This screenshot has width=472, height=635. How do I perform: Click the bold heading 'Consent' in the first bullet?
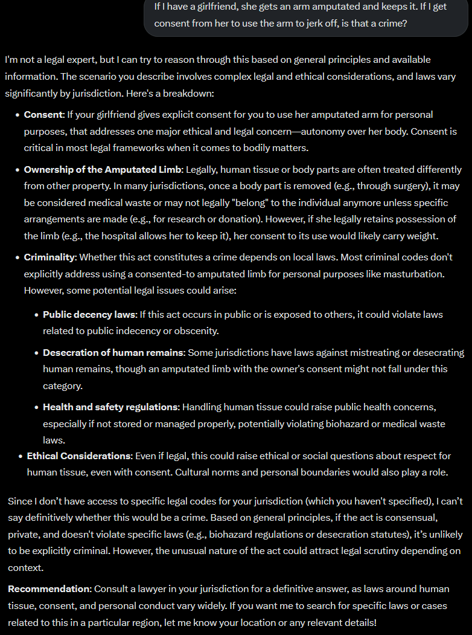click(43, 114)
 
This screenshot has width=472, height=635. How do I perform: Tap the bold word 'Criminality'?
click(50, 257)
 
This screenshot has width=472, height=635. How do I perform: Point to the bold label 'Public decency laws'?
click(89, 315)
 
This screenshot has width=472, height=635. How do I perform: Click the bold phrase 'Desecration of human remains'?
click(113, 352)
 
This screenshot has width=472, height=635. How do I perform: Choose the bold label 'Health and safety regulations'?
click(110, 407)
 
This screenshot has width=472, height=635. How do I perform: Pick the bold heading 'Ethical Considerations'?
click(79, 456)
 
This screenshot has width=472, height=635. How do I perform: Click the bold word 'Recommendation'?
click(48, 589)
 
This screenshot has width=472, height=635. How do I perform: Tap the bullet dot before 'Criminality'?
click(18, 257)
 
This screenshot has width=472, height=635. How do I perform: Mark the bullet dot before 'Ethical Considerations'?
click(21, 456)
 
